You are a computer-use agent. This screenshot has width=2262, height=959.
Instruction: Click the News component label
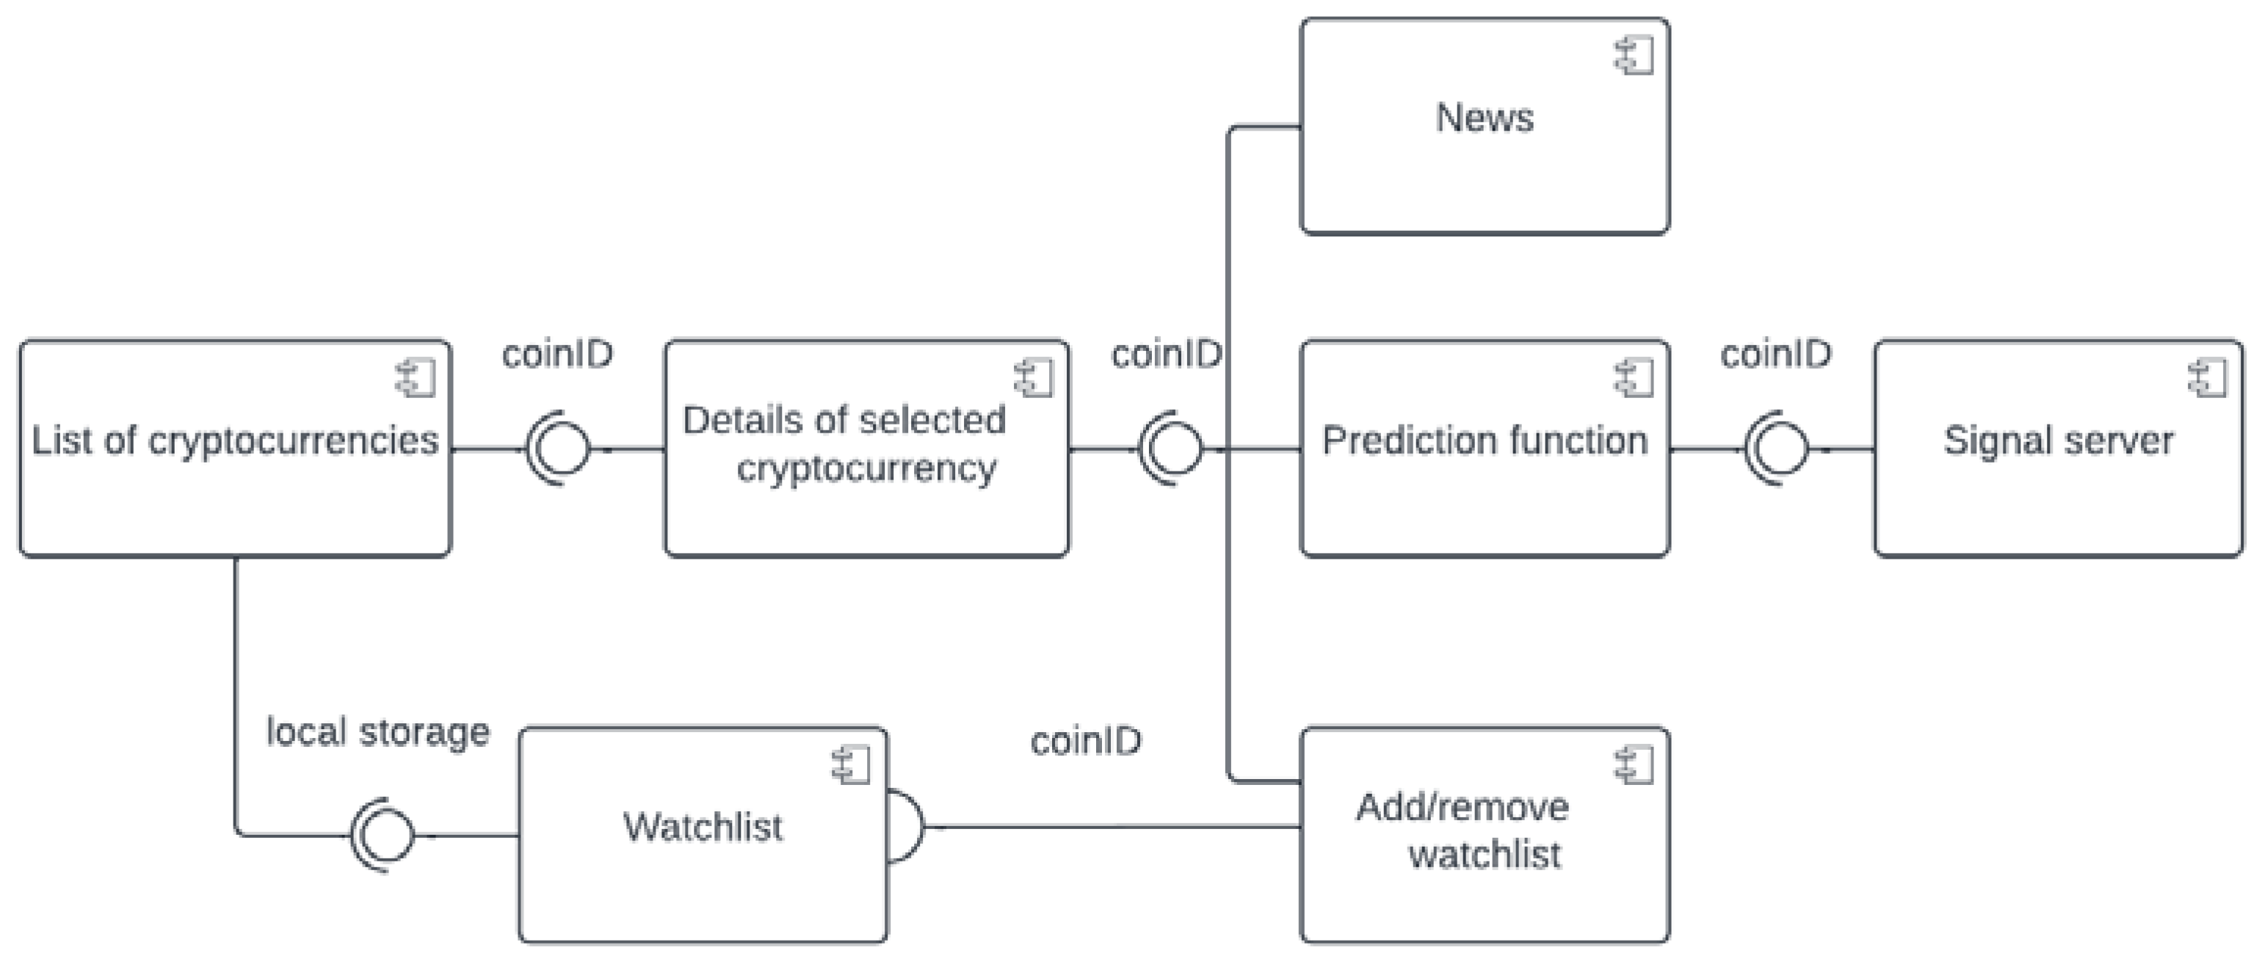click(1484, 117)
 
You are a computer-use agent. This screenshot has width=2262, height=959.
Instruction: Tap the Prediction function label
click(1484, 441)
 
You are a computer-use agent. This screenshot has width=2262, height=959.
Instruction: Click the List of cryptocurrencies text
click(234, 441)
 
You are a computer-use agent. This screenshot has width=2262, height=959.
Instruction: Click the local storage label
click(377, 731)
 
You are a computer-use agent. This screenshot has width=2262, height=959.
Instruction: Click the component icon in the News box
click(1634, 57)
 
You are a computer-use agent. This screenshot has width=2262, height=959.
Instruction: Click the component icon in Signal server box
click(2207, 378)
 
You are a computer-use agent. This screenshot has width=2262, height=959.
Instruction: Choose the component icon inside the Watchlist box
click(851, 765)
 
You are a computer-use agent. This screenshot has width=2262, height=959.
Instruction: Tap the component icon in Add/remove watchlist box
click(1634, 765)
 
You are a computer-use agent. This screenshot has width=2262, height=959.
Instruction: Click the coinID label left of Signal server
click(1775, 355)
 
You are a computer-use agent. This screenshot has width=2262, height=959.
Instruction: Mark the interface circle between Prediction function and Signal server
click(1779, 449)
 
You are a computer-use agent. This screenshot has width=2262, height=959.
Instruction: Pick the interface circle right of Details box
click(1173, 449)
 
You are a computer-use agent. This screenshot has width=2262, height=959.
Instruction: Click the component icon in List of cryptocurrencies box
click(416, 378)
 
